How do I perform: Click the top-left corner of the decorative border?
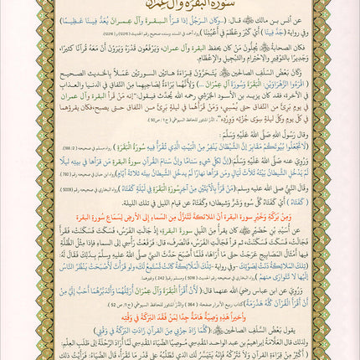pos(7,7)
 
